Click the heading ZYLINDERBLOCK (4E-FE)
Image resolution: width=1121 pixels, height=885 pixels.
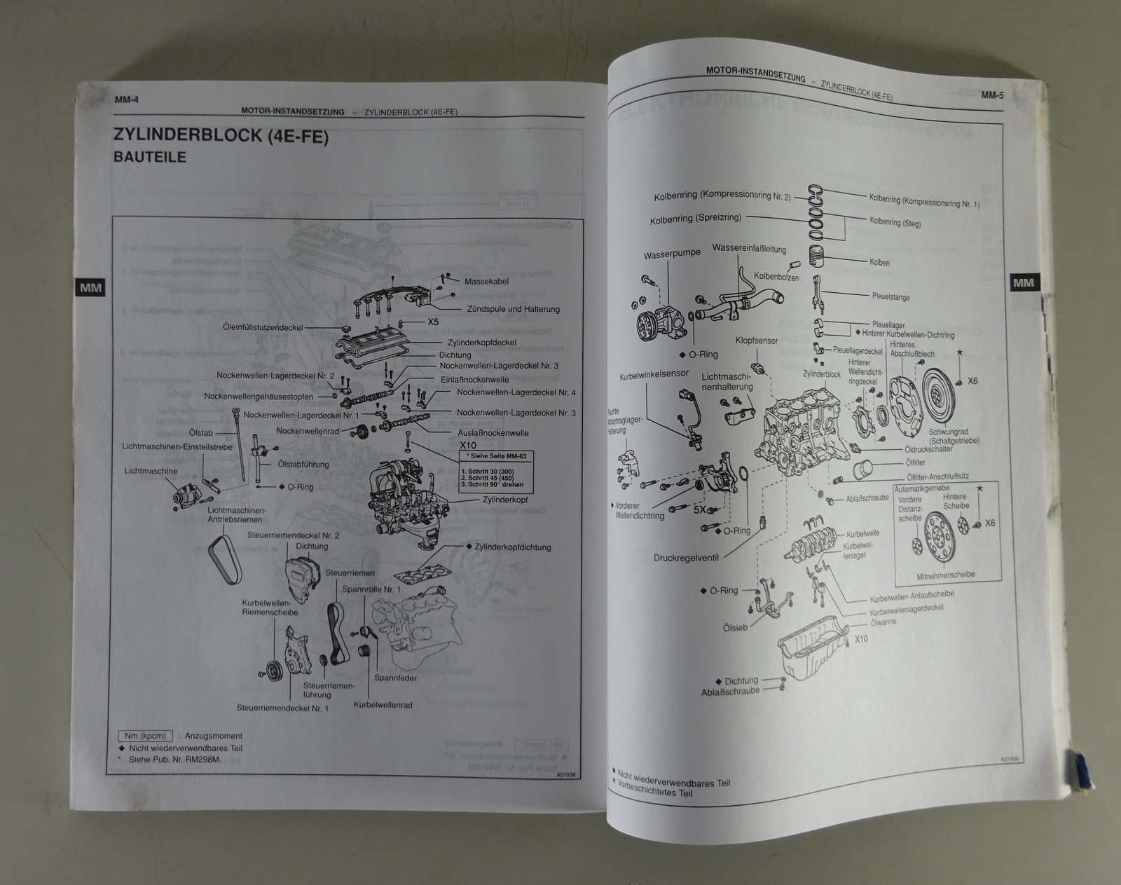coord(221,135)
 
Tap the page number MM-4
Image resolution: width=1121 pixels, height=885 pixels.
coord(127,100)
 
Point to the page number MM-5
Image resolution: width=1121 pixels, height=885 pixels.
coord(992,95)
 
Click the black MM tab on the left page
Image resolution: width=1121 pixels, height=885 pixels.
coord(90,287)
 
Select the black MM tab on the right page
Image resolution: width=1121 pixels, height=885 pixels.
coord(1023,283)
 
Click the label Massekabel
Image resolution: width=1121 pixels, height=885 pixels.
coord(486,282)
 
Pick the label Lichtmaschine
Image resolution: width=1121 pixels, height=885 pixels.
coord(151,471)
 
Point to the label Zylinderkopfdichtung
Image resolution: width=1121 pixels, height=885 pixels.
coord(512,547)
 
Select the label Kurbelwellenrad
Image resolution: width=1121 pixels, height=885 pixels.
coord(383,705)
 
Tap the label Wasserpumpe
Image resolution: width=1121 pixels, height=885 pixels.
coord(672,254)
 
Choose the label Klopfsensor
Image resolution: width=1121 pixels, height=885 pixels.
coord(756,341)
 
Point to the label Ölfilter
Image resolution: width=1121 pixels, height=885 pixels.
coord(916,462)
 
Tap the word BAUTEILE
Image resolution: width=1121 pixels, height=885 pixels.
coord(150,158)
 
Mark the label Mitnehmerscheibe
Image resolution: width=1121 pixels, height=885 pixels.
coord(945,575)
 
